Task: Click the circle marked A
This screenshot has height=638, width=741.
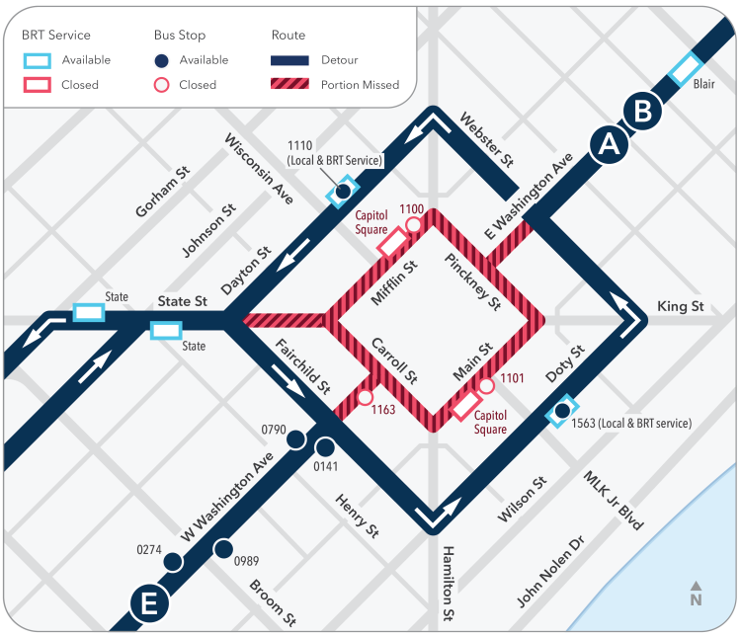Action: pos(610,144)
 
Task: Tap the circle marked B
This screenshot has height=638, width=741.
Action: pos(643,112)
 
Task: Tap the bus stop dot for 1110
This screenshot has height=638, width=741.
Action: pos(344,190)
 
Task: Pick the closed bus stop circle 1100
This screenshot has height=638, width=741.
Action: pos(413,225)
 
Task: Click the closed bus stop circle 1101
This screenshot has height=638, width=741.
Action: pos(486,385)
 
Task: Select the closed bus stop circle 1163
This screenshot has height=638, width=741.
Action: pos(365,397)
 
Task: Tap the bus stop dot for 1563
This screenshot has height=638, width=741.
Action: pos(562,410)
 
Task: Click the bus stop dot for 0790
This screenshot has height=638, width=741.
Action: pos(294,440)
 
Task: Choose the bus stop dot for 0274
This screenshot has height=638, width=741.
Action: pos(173,562)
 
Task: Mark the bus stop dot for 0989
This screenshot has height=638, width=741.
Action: pos(223,548)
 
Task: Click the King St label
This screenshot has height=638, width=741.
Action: pos(680,307)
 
